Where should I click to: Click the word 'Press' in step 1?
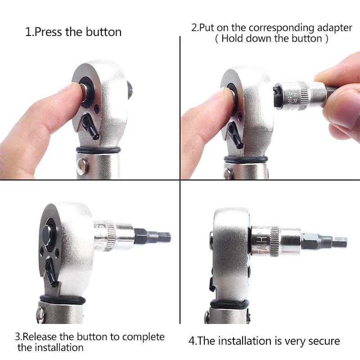point(49,32)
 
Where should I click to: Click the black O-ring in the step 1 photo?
point(99,150)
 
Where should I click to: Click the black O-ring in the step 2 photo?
point(245,158)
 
